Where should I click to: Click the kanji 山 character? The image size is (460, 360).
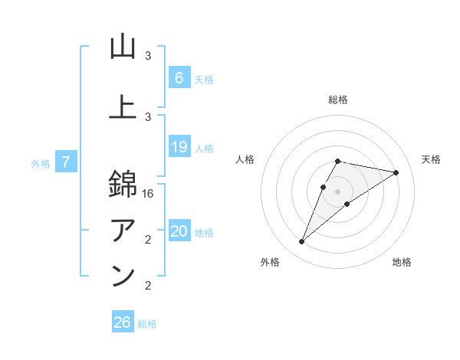click(123, 47)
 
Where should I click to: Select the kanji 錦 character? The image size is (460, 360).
click(123, 185)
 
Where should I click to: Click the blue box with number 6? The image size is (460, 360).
click(179, 78)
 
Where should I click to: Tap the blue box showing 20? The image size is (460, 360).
click(179, 231)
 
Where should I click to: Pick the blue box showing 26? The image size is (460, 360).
click(123, 322)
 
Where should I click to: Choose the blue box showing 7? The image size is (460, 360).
click(67, 162)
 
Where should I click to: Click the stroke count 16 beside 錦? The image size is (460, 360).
click(149, 195)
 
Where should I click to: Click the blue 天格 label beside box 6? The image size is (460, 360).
click(204, 80)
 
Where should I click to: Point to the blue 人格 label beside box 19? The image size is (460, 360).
click(204, 149)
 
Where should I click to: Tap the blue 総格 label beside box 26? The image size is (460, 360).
click(147, 324)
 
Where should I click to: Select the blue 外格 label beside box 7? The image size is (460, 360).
click(40, 164)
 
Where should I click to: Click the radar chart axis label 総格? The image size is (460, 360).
click(337, 100)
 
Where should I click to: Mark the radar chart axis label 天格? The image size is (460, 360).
click(432, 159)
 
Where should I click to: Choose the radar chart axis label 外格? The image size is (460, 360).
click(270, 262)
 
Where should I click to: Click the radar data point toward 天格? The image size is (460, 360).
click(396, 173)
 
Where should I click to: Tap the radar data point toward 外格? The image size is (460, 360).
click(302, 242)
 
